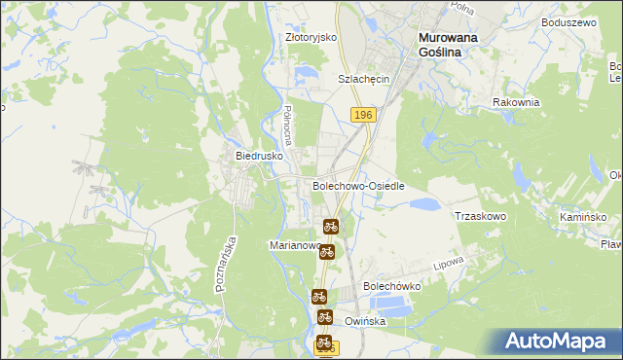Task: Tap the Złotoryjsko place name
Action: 311,37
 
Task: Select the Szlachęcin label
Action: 363,79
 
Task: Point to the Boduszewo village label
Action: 569,21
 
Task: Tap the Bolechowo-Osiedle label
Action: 357,185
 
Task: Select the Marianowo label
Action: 295,246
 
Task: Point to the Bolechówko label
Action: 390,286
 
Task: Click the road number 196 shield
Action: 363,115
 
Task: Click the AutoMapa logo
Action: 558,341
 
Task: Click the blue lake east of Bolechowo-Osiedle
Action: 424,204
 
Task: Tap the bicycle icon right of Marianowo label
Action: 327,251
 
